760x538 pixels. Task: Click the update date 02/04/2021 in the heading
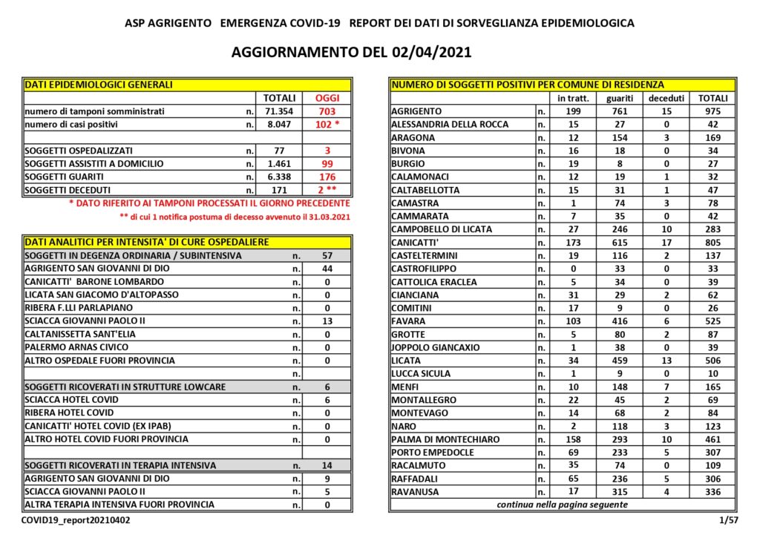point(430,53)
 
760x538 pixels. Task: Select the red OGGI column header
point(327,98)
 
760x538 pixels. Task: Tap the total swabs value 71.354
point(279,111)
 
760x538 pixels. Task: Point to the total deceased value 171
point(279,190)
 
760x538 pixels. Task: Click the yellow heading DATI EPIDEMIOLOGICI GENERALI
point(99,85)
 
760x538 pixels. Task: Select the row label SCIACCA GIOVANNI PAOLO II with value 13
point(85,321)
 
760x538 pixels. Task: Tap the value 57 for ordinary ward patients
point(327,255)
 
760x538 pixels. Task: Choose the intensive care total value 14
point(327,465)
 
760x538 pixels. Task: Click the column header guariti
point(620,98)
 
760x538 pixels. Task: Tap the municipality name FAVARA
point(409,321)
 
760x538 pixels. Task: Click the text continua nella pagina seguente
point(562,505)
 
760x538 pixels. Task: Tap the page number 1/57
point(727,521)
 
